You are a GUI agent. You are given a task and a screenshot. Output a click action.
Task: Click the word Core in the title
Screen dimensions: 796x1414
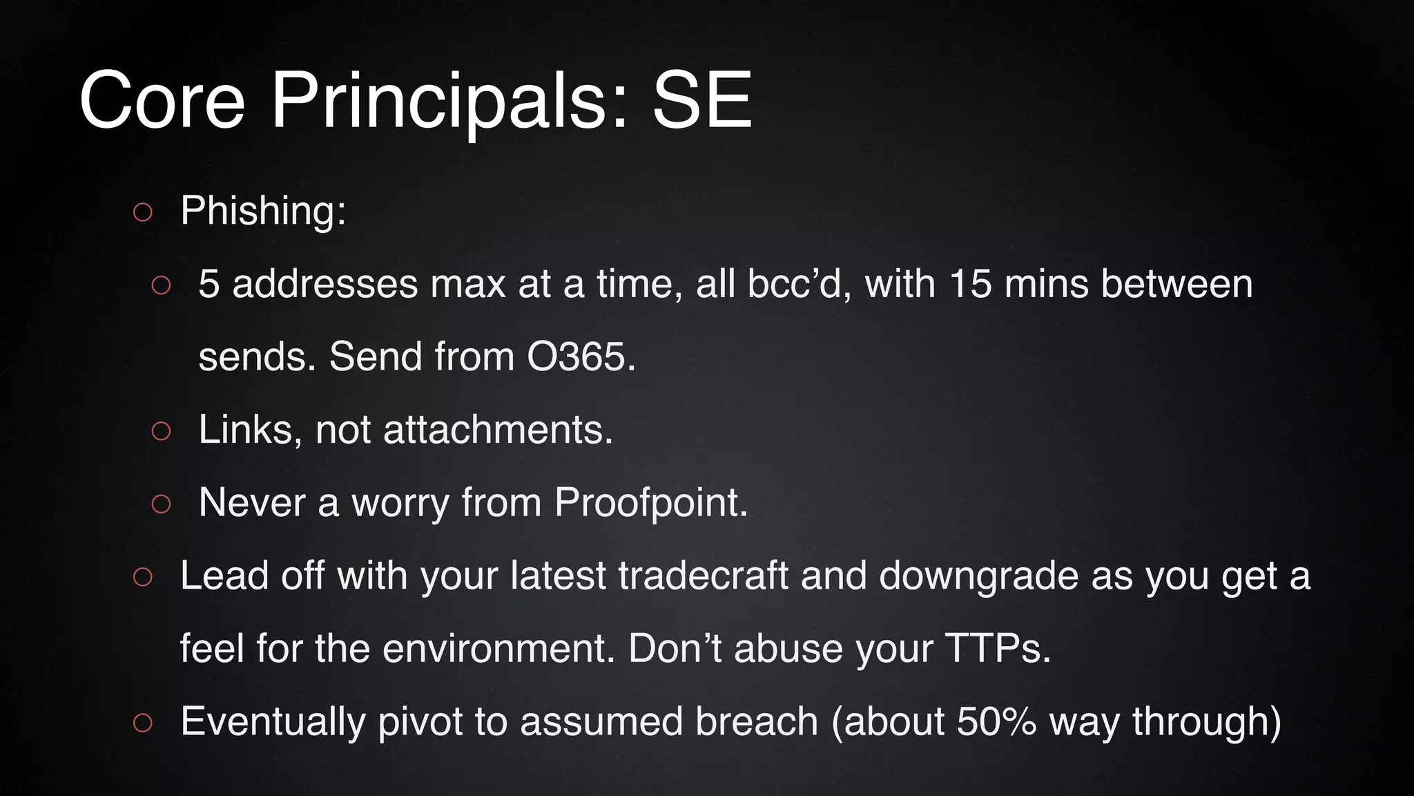162,101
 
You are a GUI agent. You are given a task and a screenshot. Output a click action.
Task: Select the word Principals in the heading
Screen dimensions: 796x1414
449,102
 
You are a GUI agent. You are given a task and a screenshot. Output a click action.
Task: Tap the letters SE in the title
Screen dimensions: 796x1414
701,101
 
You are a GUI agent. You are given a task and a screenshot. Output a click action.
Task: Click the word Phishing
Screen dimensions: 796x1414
263,210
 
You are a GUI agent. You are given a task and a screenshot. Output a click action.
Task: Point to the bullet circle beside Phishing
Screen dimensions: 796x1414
143,212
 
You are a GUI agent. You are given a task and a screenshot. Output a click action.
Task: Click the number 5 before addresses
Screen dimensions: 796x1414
209,284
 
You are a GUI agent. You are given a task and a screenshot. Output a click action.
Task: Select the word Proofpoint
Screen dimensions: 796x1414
650,502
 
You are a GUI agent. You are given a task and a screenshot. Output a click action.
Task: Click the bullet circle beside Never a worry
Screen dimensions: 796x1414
161,504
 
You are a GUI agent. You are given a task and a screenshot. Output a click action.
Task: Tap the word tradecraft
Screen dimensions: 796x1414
703,576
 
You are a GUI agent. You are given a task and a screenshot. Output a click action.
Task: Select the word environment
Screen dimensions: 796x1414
498,649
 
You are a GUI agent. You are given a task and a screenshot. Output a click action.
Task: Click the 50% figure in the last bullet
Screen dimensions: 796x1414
996,721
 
